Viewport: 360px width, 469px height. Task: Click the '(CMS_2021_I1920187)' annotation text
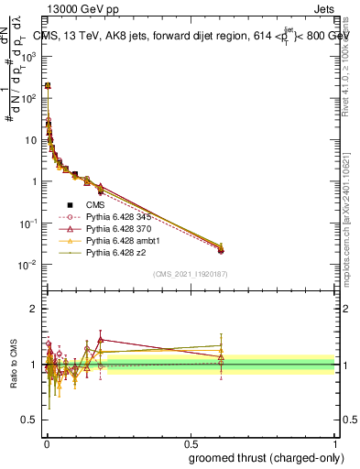[191, 274]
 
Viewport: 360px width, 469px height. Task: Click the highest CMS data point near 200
[48, 85]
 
